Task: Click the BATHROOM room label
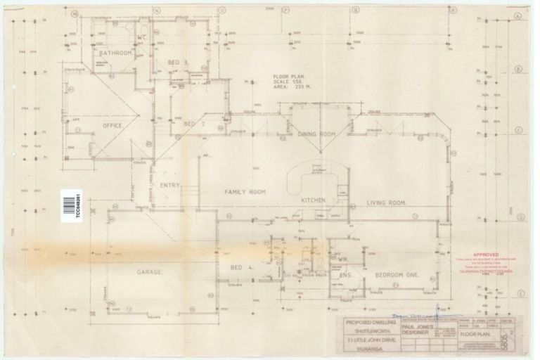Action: (115, 53)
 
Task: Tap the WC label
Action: (141, 37)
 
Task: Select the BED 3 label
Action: (179, 63)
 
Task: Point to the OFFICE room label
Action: (112, 126)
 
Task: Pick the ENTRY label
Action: (171, 186)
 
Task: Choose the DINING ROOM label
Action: (317, 134)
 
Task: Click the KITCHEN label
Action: (314, 200)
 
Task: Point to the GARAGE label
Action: (149, 271)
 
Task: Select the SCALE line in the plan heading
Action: (290, 83)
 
